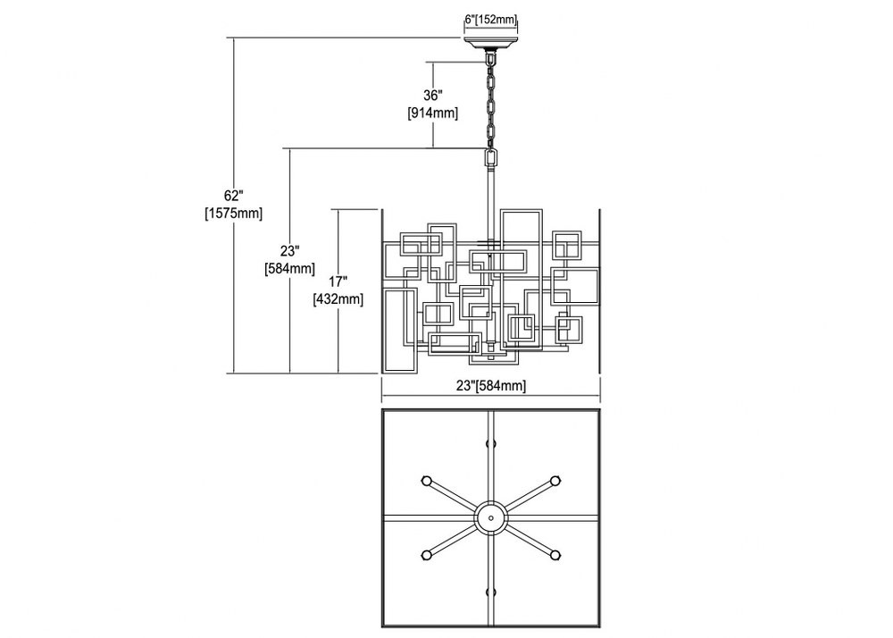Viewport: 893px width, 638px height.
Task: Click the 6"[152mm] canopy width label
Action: [x=490, y=20]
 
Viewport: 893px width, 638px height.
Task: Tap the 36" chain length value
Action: [x=433, y=95]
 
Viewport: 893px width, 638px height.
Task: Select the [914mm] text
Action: [x=433, y=113]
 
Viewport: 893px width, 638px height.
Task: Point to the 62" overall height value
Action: [x=233, y=196]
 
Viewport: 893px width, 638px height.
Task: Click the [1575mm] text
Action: [x=233, y=214]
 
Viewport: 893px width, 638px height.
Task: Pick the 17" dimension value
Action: [x=338, y=281]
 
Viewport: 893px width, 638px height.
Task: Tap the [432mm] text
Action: [x=338, y=298]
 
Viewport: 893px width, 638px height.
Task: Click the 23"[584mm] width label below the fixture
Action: [x=491, y=386]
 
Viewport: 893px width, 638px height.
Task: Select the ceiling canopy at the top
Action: [x=490, y=44]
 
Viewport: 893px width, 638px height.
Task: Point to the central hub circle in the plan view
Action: [x=490, y=517]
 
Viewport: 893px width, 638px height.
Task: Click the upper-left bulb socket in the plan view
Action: [x=425, y=480]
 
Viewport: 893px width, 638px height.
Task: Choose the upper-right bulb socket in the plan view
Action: [x=555, y=480]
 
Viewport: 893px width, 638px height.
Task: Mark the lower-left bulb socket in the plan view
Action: [x=425, y=555]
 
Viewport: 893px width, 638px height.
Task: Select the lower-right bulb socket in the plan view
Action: [x=555, y=555]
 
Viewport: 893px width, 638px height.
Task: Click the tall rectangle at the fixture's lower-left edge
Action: [x=386, y=331]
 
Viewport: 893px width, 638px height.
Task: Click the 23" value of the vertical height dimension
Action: [x=289, y=250]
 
